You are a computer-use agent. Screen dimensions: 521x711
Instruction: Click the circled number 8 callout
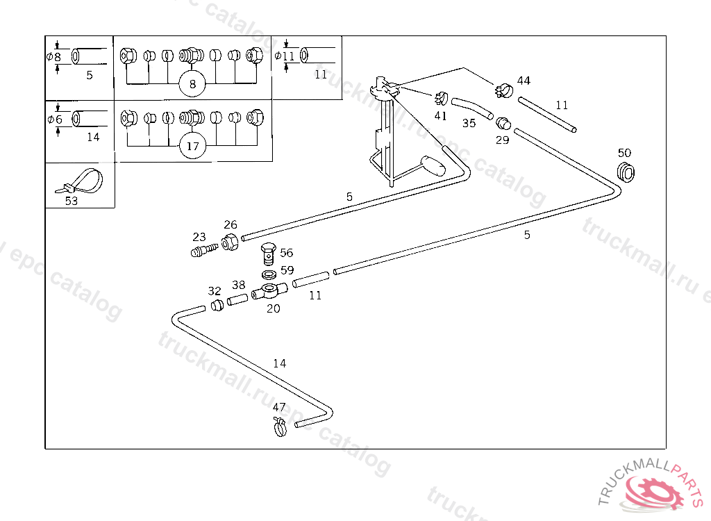click(192, 85)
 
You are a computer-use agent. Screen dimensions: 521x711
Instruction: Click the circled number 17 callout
click(192, 147)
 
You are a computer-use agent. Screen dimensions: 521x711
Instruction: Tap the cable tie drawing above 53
click(81, 181)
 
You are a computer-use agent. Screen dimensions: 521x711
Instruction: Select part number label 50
click(624, 153)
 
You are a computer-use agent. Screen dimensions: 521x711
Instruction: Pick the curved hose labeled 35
click(471, 108)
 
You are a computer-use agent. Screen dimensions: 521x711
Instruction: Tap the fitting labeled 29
click(503, 124)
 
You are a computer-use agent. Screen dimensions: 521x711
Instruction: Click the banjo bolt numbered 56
click(268, 254)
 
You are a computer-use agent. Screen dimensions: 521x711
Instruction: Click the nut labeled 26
click(230, 242)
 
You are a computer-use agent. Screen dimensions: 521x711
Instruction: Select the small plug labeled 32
click(217, 305)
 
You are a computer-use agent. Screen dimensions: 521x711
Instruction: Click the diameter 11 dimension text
click(288, 56)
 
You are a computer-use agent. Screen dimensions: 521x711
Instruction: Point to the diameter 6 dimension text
click(56, 119)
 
